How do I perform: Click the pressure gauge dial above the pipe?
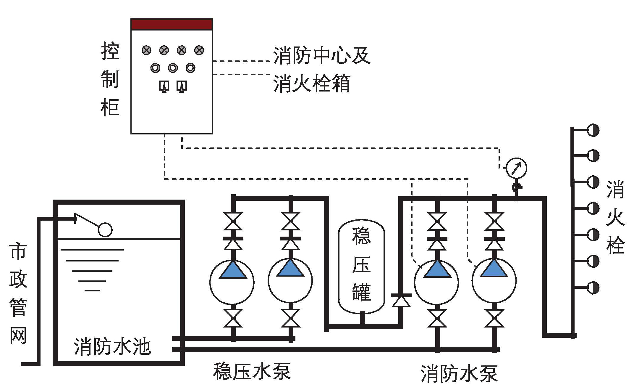pyautogui.click(x=516, y=168)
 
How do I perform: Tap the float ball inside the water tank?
pyautogui.click(x=105, y=229)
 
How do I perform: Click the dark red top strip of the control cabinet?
pyautogui.click(x=172, y=25)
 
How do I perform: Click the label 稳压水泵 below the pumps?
pyautogui.click(x=252, y=371)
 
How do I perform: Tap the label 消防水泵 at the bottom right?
pyautogui.click(x=459, y=374)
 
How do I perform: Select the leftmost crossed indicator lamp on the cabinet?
pyautogui.click(x=146, y=50)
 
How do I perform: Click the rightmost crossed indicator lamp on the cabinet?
pyautogui.click(x=199, y=50)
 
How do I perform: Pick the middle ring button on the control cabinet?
pyautogui.click(x=173, y=68)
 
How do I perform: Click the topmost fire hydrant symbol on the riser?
pyautogui.click(x=593, y=130)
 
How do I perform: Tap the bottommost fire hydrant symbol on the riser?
pyautogui.click(x=593, y=288)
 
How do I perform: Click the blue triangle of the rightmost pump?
pyautogui.click(x=494, y=269)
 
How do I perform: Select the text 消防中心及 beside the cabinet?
pyautogui.click(x=322, y=55)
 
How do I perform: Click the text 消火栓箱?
pyautogui.click(x=312, y=84)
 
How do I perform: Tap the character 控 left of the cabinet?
pyautogui.click(x=110, y=51)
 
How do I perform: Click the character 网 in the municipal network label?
pyautogui.click(x=18, y=335)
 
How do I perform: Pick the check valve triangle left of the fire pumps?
pyautogui.click(x=401, y=301)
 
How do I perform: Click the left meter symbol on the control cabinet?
pyautogui.click(x=164, y=86)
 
